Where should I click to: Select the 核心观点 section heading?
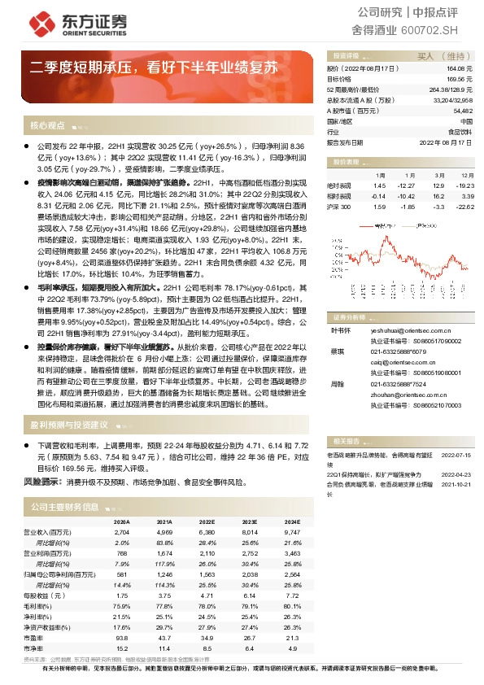pos(47,125)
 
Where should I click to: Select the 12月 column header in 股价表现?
pos(466,175)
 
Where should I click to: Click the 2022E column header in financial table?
pos(207,521)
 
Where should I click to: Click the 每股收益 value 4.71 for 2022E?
pos(207,596)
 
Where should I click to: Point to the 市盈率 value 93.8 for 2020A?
pos(122,638)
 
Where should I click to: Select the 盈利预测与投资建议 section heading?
pos(68,425)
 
